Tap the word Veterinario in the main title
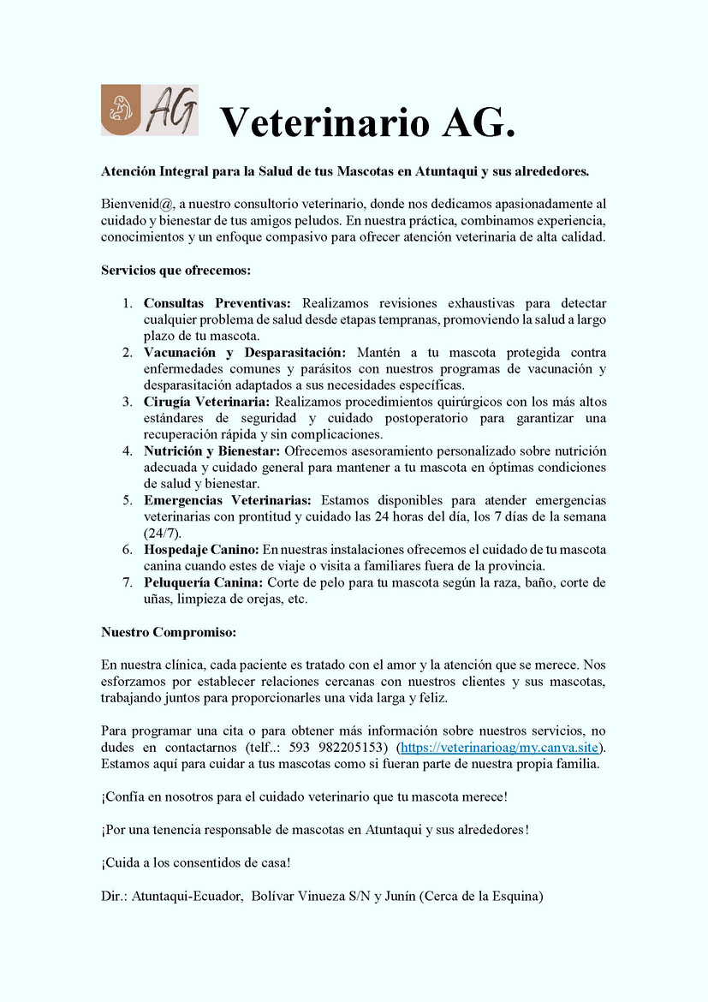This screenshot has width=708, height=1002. point(324,122)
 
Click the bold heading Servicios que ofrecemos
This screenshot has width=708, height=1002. point(176,270)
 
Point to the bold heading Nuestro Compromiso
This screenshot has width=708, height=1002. point(168,632)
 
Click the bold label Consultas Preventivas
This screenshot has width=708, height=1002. point(217,303)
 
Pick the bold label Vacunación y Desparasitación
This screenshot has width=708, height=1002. point(245,353)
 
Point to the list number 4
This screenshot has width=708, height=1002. point(127,451)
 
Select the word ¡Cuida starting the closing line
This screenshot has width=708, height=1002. point(119,863)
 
